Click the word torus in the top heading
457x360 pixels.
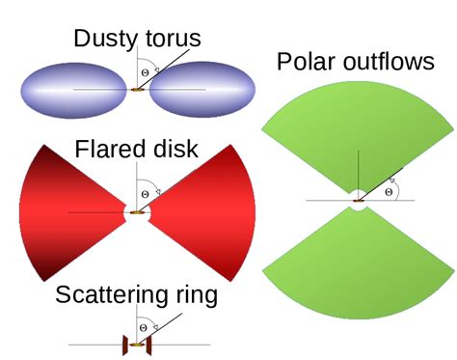171,40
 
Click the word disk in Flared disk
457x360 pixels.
175,150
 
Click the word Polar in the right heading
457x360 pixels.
307,63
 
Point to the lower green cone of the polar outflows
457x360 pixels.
358,271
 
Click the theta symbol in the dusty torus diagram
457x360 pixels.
146,71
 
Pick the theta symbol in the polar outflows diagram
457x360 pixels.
388,191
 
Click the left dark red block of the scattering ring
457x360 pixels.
124,344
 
